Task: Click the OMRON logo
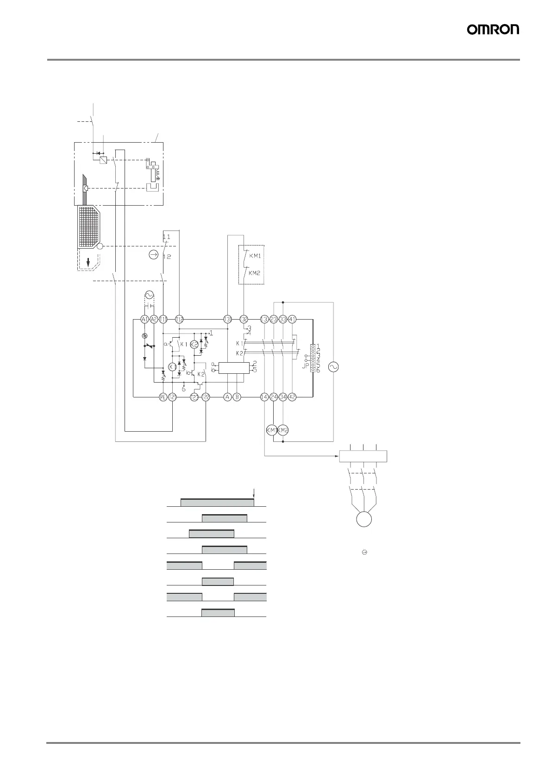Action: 493,30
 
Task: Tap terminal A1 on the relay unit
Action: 144,319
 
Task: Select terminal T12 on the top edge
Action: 179,319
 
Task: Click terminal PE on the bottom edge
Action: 163,397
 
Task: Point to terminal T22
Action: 206,397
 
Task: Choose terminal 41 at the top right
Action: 292,319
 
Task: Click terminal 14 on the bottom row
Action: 264,397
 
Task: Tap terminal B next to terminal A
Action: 237,397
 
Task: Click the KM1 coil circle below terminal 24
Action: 271,430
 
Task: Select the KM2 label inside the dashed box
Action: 254,273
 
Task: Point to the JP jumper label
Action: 304,365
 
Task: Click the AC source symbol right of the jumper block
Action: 333,367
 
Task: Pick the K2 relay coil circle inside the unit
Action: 194,345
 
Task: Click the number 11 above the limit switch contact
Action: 166,237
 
